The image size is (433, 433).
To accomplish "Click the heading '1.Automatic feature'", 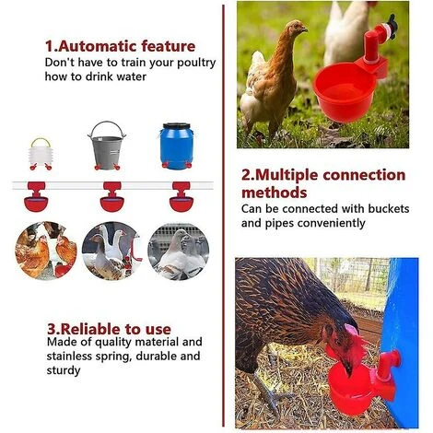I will coord(120,46).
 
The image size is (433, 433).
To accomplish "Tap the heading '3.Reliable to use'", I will coord(108,327).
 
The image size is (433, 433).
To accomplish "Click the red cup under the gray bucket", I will coord(111,198).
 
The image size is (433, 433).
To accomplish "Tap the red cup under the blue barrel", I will coord(181,198).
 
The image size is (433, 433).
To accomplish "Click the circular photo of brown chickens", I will coord(45,250).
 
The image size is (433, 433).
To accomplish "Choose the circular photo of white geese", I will coord(111,250).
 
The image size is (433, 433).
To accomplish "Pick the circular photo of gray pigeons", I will coord(178,250).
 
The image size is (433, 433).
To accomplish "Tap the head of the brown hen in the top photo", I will coord(297,31).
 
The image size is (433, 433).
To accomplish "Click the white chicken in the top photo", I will coord(345,32).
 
